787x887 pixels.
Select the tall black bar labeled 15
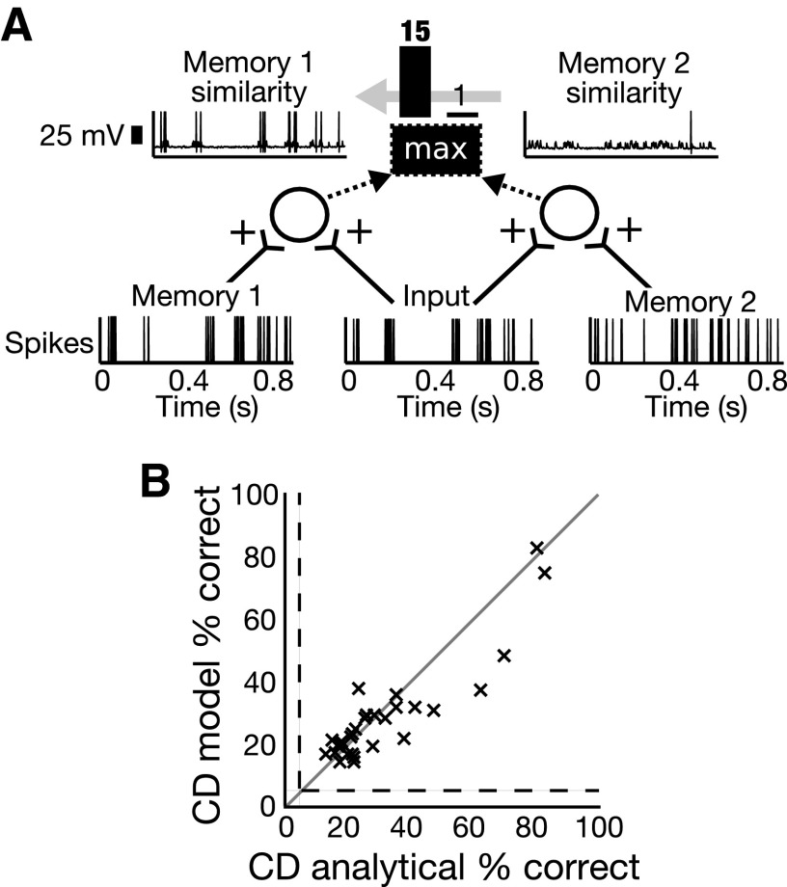[x=416, y=81]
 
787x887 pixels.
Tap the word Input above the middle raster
[x=434, y=297]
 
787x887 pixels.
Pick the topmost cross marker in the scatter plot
[x=537, y=548]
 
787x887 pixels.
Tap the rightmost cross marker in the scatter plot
[x=544, y=573]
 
